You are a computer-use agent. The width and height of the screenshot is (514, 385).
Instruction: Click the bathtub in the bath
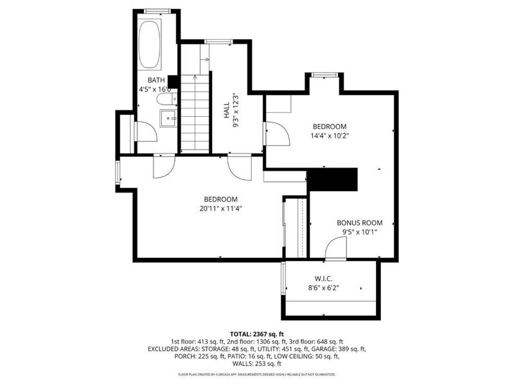150,44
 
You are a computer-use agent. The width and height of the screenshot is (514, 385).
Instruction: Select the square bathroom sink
168,118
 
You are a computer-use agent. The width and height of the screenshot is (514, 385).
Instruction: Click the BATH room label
156,80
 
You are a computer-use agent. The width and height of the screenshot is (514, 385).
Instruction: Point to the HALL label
227,110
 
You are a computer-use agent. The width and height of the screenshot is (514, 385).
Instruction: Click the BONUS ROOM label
360,223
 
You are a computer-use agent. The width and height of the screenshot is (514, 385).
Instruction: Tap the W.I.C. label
324,279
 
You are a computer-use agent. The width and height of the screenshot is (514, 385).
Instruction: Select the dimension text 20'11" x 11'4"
220,209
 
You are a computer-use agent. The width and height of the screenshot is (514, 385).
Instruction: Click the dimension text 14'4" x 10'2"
330,135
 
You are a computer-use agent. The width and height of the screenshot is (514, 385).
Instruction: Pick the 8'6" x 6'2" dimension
324,288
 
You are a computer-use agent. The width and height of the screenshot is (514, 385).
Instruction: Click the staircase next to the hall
195,114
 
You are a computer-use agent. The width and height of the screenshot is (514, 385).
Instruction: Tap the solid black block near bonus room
332,180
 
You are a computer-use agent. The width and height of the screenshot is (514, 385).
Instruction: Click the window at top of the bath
157,12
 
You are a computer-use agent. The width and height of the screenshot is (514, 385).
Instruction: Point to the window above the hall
218,41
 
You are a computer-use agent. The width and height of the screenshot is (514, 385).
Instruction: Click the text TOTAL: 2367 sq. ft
257,334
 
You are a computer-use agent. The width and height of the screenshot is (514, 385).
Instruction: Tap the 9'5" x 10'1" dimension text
360,232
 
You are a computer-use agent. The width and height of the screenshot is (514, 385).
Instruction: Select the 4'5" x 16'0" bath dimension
155,89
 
